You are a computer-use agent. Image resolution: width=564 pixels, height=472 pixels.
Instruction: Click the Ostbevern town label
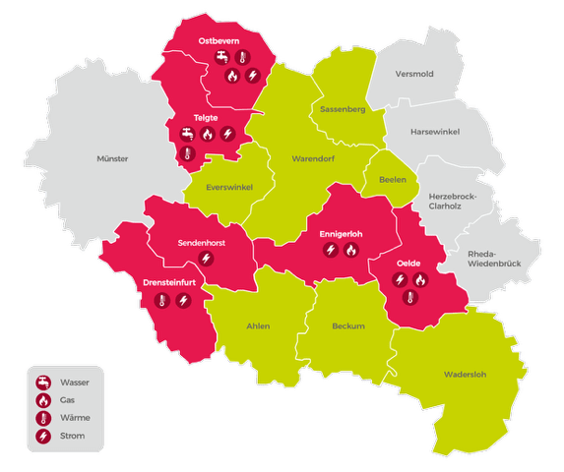coord(218,40)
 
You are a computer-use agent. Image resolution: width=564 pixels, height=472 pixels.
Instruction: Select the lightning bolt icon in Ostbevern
coord(252,75)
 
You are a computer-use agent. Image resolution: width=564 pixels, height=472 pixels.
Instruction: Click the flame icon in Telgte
coord(209,134)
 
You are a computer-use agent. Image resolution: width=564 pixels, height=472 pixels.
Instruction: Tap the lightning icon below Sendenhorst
coord(206,259)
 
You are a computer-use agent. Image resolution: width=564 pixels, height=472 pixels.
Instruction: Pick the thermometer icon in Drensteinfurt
coord(161,301)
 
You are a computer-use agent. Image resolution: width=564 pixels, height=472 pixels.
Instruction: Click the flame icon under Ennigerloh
coord(351,251)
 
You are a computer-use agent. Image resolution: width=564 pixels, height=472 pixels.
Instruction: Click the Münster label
coord(113,158)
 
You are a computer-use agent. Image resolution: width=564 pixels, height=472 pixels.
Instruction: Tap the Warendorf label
coord(314,158)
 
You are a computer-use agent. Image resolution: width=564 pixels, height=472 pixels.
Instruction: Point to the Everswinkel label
coord(225,187)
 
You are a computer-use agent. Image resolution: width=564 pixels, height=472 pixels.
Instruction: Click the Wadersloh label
coord(466,373)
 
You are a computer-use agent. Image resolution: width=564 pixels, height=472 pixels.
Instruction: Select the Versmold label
coord(413,73)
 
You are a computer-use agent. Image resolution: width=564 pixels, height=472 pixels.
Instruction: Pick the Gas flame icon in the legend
coord(43,400)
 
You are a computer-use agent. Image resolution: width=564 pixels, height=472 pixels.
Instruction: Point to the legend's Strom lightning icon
coord(43,436)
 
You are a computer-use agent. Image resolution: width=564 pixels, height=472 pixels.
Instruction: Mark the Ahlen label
coord(258,325)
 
